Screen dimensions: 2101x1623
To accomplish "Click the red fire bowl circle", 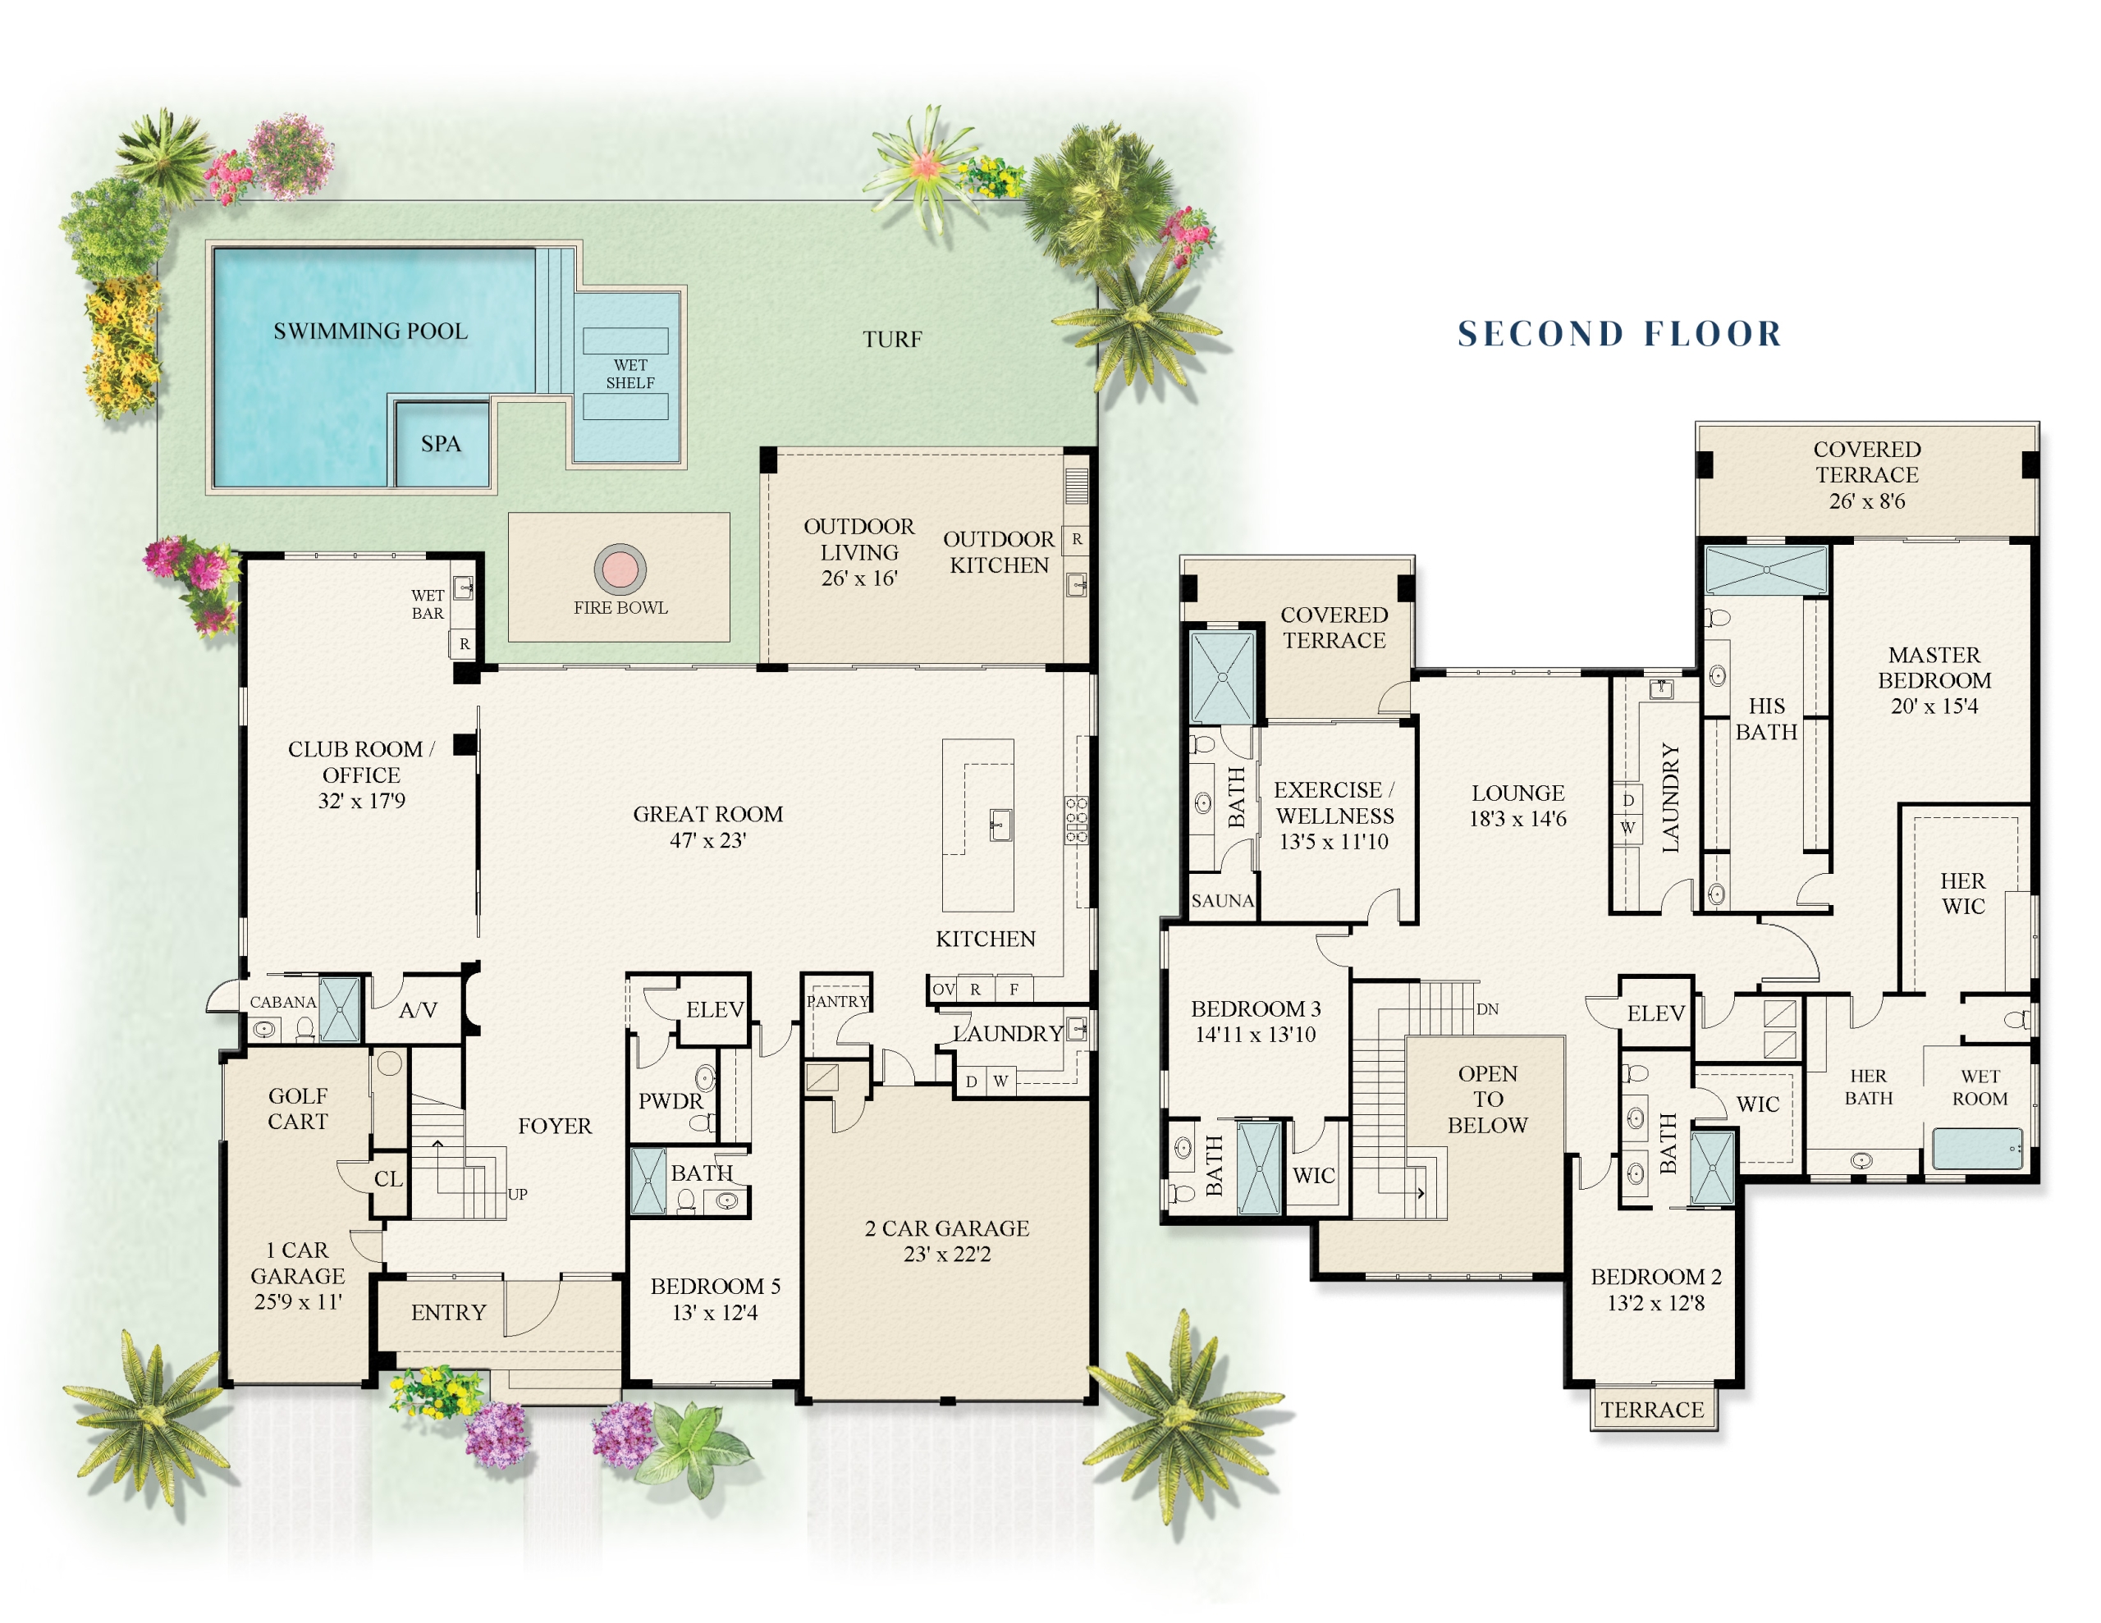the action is (620, 569).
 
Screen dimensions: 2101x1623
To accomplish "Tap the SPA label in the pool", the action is (441, 444).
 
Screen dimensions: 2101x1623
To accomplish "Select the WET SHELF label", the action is (630, 373).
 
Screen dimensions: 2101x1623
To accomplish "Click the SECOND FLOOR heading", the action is (1620, 334).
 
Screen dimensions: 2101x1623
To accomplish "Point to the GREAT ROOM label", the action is (708, 814).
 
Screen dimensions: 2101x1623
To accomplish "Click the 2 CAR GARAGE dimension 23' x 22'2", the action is (946, 1254).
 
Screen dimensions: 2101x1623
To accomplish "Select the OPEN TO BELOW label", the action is (1487, 1099).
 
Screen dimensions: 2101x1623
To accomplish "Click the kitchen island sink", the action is (1000, 825).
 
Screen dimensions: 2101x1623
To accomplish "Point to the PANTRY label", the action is (838, 1000).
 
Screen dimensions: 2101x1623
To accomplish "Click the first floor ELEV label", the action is (715, 1009).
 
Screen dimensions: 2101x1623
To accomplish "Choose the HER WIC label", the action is (1962, 894).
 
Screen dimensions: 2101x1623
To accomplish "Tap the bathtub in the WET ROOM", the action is (1977, 1149).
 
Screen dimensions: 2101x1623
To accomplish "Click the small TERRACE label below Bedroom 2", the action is (1652, 1410).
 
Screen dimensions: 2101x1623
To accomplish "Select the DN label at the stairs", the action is (1487, 1009).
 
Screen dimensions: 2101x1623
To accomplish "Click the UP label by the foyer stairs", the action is (518, 1194).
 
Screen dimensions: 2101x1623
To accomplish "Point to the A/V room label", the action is (419, 1010).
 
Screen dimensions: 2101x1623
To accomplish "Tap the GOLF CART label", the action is (298, 1109).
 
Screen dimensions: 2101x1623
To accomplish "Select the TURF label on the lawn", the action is (892, 339).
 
